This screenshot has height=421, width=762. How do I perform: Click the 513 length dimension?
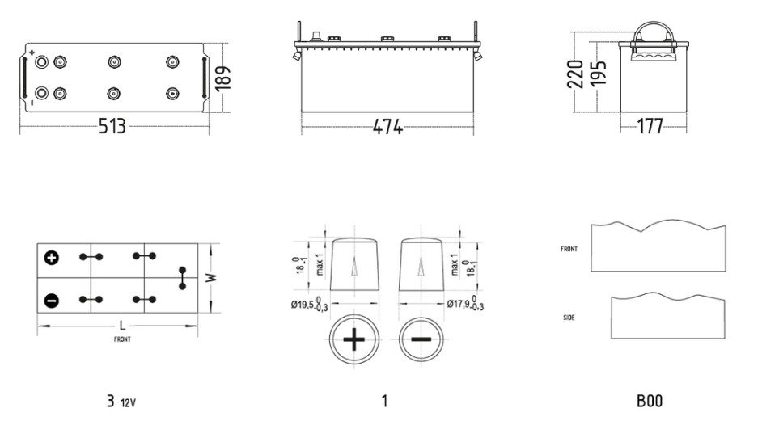(x=112, y=126)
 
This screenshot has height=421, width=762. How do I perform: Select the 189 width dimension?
(x=222, y=78)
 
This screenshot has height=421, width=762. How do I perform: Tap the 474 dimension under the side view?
(x=387, y=127)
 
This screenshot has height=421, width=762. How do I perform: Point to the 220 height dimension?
(x=575, y=74)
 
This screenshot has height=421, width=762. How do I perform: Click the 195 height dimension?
(x=599, y=74)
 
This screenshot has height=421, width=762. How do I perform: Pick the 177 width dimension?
(x=650, y=126)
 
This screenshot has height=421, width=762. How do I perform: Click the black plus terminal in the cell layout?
(x=52, y=258)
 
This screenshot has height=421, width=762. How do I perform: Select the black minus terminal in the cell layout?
(x=52, y=301)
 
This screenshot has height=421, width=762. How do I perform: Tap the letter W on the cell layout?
(x=211, y=278)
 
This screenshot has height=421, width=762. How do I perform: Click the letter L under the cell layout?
(x=122, y=326)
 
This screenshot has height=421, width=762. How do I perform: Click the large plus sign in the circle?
(x=353, y=339)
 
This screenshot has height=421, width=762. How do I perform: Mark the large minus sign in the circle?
(x=421, y=339)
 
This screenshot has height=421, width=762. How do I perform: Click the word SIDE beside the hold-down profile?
(x=569, y=318)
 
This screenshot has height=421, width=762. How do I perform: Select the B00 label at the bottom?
(x=650, y=401)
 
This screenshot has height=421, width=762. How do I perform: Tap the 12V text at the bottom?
(x=129, y=403)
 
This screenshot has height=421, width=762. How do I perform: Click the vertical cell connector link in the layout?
(x=182, y=278)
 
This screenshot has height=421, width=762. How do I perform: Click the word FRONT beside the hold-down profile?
(x=569, y=249)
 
